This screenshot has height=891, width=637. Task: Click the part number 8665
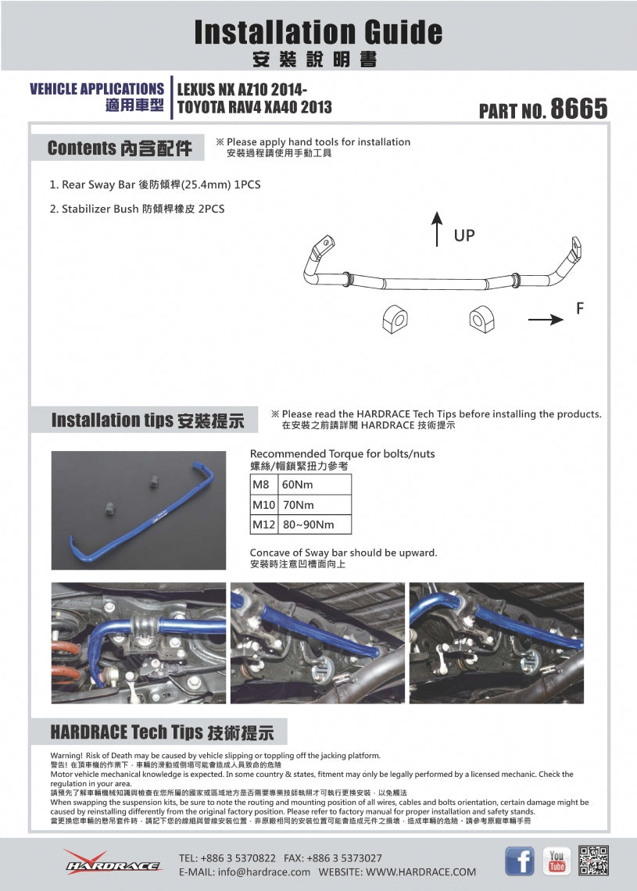[x=578, y=109]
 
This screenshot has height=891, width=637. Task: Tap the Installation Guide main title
[x=318, y=32]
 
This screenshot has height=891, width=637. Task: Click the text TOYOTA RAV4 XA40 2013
[x=255, y=108]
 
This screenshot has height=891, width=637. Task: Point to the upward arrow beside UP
[x=437, y=228]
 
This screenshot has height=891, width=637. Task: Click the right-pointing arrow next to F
[x=545, y=319]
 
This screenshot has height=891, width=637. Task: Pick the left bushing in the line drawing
[x=395, y=317]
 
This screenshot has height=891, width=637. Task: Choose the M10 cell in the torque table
[x=263, y=505]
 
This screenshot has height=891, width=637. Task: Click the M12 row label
[x=263, y=524]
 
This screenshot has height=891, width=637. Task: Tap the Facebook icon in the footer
[x=520, y=861]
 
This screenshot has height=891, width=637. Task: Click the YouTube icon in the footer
[x=556, y=861]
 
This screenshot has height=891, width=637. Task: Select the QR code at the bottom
[x=594, y=861]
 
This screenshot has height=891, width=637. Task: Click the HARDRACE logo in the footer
[x=113, y=862]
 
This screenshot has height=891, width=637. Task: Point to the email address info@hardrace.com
[x=245, y=871]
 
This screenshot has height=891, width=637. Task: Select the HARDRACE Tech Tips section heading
[x=162, y=732]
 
